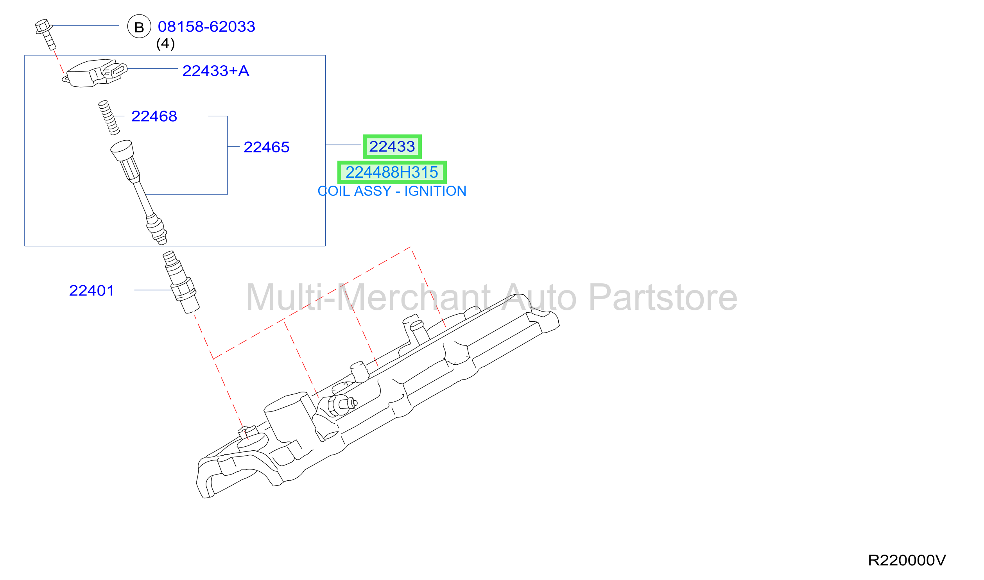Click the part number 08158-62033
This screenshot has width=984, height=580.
[206, 27]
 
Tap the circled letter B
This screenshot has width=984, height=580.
[139, 27]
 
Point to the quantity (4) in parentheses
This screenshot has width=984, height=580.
[165, 43]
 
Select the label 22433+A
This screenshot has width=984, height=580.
[216, 71]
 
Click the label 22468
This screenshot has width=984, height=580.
[154, 116]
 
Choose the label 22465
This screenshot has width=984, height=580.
[267, 147]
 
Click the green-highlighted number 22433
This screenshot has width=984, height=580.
[392, 147]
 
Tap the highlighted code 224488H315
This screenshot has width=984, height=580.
[392, 172]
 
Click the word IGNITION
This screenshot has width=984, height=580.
[435, 191]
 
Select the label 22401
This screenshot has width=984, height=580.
[91, 290]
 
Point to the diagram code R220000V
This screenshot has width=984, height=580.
[907, 560]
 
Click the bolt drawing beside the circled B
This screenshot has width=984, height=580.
[45, 34]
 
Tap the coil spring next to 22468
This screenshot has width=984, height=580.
[109, 118]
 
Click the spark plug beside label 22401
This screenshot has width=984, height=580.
[181, 282]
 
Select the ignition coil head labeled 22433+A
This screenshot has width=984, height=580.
[95, 73]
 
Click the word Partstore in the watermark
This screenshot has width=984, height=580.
[663, 297]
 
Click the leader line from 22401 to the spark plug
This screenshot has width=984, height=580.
[153, 290]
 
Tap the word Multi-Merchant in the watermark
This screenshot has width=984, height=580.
[368, 297]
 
